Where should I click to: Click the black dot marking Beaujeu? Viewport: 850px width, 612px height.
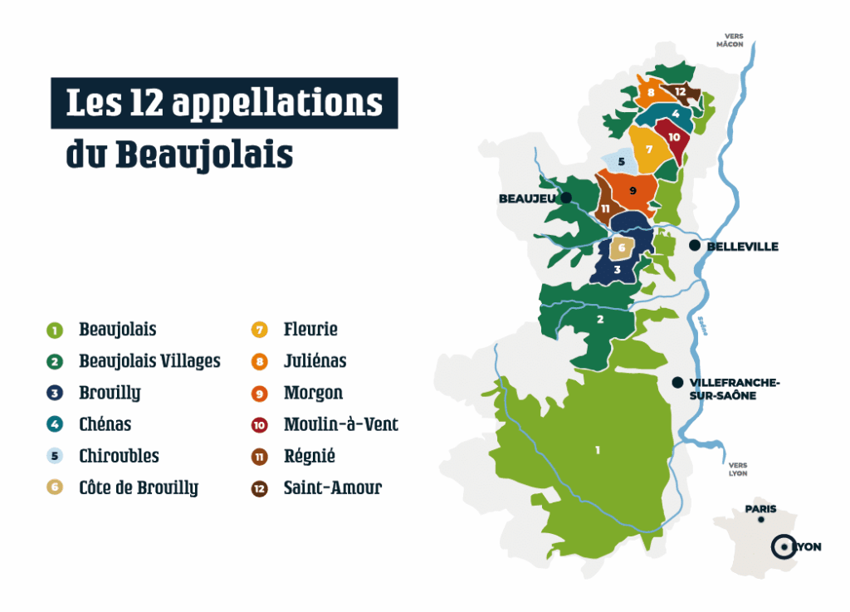pyautogui.click(x=566, y=198)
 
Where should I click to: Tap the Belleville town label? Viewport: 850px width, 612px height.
pyautogui.click(x=742, y=247)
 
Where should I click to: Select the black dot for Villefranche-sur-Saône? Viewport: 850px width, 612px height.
pyautogui.click(x=677, y=382)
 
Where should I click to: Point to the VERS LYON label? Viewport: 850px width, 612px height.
pyautogui.click(x=738, y=469)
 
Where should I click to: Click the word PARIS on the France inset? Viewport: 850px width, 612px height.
pyautogui.click(x=760, y=509)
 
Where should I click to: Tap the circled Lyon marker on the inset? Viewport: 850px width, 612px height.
pyautogui.click(x=782, y=546)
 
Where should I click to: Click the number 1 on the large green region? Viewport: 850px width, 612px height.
pyautogui.click(x=597, y=450)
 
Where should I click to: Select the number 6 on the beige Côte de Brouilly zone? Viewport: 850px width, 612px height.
pyautogui.click(x=622, y=247)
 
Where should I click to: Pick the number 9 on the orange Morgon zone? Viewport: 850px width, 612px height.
pyautogui.click(x=633, y=191)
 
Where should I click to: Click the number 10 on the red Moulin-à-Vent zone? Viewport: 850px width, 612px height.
pyautogui.click(x=674, y=137)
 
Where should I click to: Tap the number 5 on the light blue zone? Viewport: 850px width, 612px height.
pyautogui.click(x=621, y=161)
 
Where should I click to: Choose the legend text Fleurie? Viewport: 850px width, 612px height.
pyautogui.click(x=310, y=329)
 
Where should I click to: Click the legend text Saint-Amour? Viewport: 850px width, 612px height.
pyautogui.click(x=332, y=487)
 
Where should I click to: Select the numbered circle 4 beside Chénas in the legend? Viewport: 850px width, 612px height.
pyautogui.click(x=55, y=425)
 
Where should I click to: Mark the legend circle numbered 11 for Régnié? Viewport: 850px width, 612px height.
pyautogui.click(x=260, y=457)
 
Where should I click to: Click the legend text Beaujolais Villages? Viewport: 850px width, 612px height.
pyautogui.click(x=149, y=360)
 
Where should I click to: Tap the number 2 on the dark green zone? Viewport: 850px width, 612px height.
pyautogui.click(x=599, y=318)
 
